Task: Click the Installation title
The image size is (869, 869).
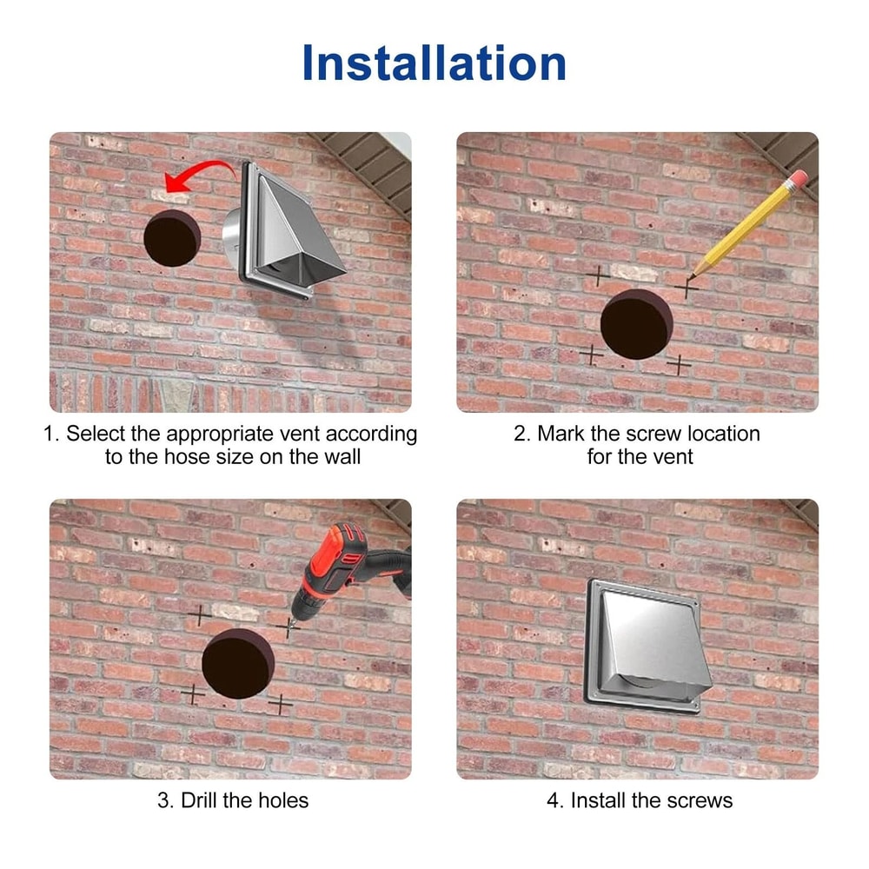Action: pos(434,63)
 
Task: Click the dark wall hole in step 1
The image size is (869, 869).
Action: pos(172,239)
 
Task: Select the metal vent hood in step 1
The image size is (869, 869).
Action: pos(284,231)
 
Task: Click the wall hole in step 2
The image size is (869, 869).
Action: pos(637,324)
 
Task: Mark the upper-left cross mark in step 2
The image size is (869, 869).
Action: pos(598,275)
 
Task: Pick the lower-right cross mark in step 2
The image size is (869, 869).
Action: pos(679,365)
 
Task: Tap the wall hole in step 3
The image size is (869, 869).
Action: pos(238,663)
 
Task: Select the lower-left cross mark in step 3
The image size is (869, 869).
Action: pos(192,693)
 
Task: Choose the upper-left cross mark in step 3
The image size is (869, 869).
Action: pos(200,615)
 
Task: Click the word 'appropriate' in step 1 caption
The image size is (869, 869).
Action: pos(220,434)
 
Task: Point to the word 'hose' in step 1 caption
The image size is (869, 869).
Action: pos(187,457)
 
